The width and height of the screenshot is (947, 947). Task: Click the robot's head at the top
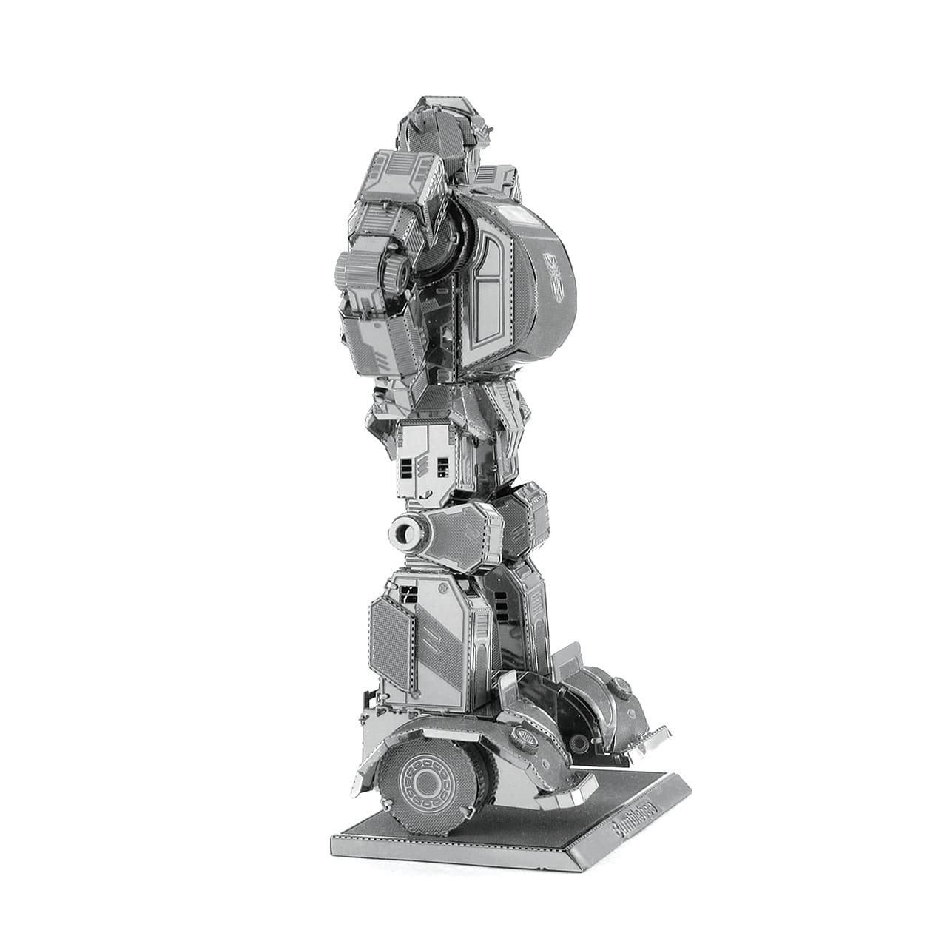pyautogui.click(x=437, y=122)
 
